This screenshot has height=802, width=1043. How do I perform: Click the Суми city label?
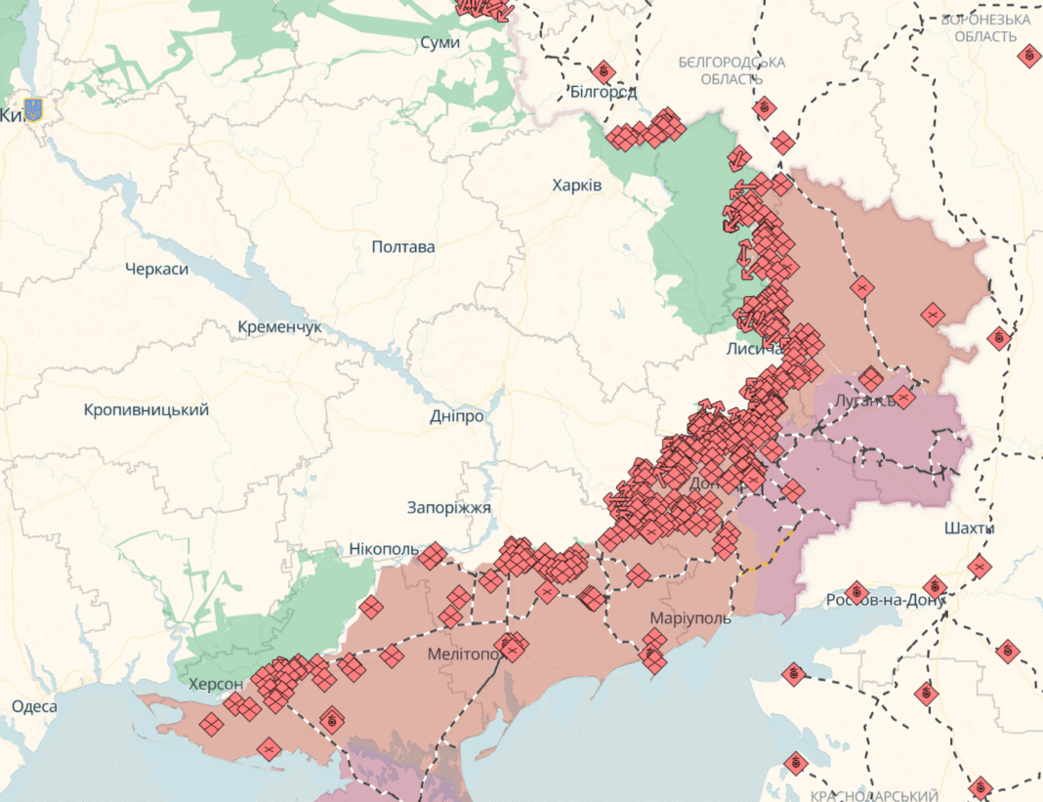[x=440, y=43]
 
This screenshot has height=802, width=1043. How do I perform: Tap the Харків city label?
[x=577, y=186]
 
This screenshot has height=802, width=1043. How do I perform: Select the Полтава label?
[x=403, y=247]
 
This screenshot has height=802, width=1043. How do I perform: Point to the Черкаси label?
[x=157, y=269]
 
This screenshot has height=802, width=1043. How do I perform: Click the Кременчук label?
[x=279, y=327]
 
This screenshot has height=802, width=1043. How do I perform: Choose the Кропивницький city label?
[x=146, y=410]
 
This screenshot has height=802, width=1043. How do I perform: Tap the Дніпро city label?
[x=457, y=416]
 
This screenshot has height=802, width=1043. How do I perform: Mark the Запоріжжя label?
[x=449, y=508]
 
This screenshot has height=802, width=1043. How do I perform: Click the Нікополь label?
[x=384, y=550]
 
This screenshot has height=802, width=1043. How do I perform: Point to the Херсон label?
[x=217, y=683]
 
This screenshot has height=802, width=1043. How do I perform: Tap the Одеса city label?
[x=34, y=706]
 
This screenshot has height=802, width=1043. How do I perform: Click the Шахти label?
[x=970, y=528]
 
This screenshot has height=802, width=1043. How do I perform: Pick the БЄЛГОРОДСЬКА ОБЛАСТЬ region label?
[x=731, y=70]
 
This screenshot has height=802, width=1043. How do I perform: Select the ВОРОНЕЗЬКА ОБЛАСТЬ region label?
[x=985, y=27]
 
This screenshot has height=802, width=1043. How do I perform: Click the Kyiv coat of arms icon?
[x=34, y=110]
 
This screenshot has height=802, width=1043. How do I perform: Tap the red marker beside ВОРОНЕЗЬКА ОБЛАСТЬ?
[x=1028, y=57]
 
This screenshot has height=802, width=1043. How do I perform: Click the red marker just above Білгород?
[x=603, y=71]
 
